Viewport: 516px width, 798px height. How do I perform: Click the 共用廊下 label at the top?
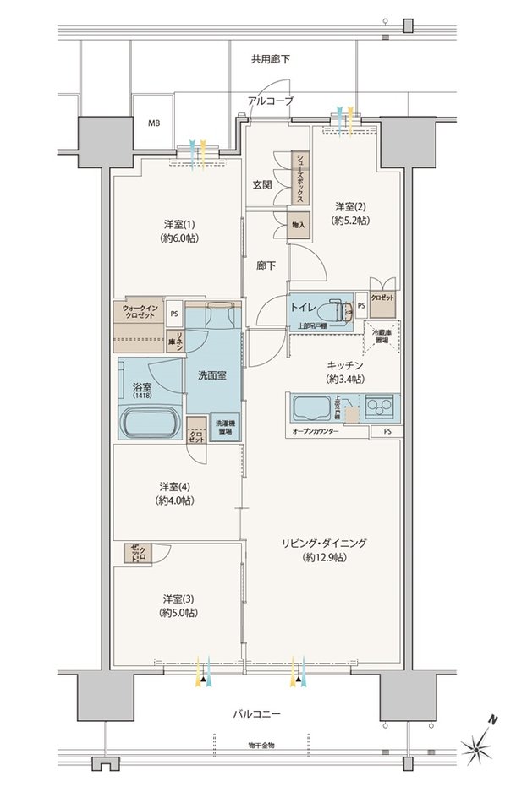270,59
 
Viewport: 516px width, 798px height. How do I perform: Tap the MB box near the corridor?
154,123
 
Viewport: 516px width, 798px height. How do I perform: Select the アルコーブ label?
271,101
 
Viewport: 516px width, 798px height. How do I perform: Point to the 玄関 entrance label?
261,185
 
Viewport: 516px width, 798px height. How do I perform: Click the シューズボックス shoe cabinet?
299,178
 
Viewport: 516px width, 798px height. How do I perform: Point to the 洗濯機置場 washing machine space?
223,427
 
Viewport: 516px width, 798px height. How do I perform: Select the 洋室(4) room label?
174,494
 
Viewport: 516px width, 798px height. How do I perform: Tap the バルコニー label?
259,715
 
